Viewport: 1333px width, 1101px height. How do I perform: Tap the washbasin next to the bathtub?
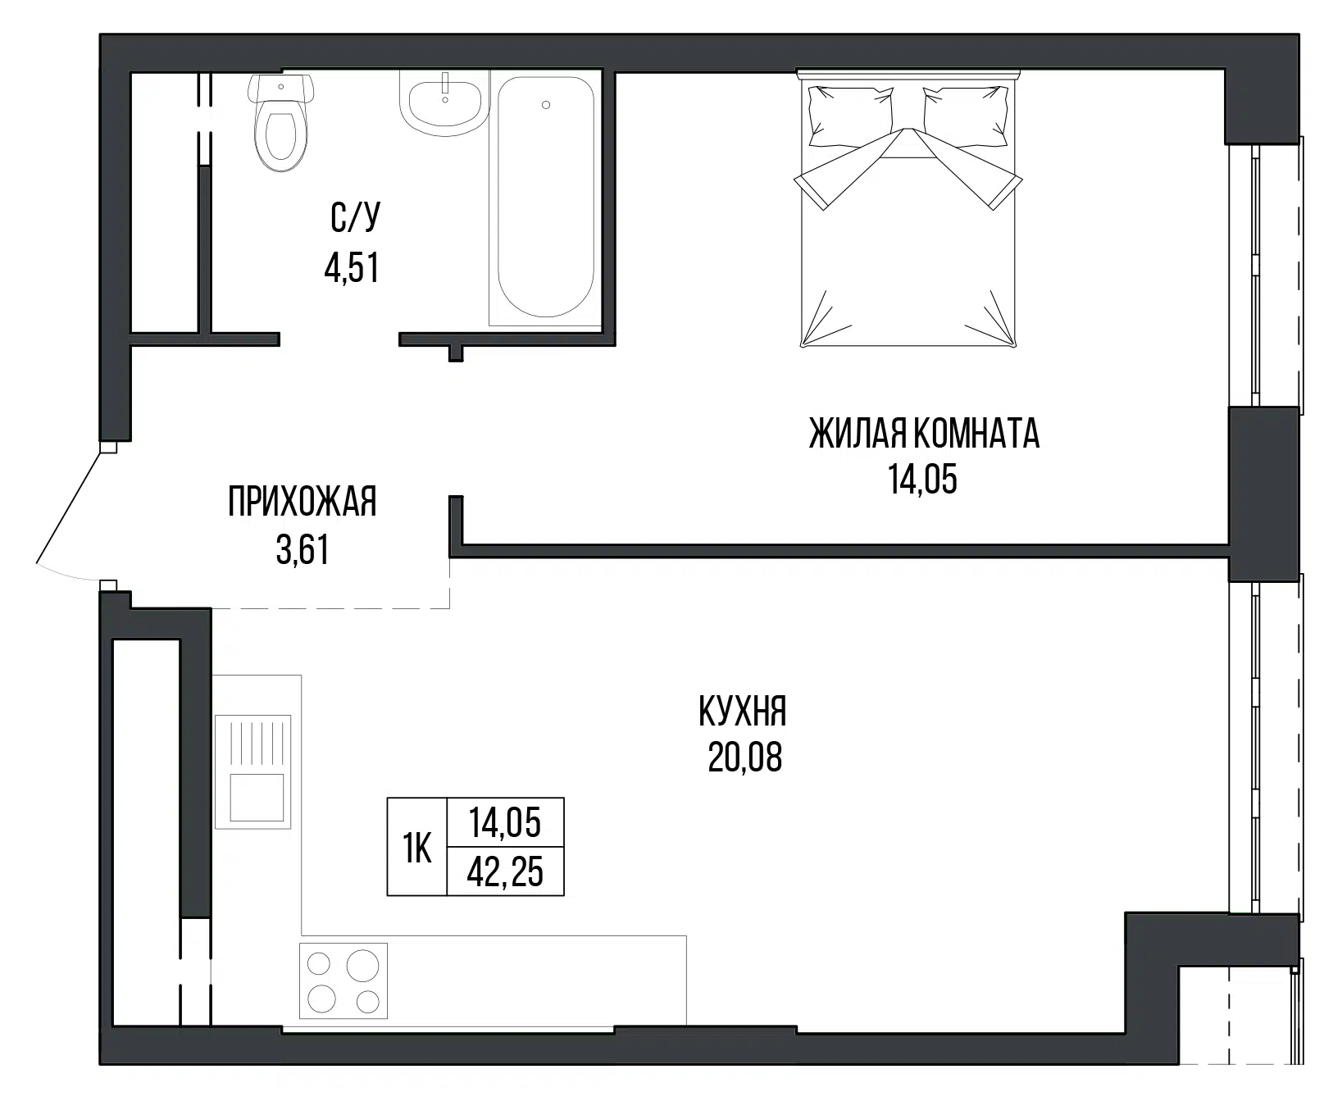tap(444, 102)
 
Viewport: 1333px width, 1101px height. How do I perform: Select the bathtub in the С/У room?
tap(545, 198)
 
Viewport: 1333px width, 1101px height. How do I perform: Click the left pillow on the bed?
tap(850, 115)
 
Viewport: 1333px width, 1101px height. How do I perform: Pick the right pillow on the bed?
tap(965, 115)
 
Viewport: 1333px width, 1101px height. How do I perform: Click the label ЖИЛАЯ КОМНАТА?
tap(924, 434)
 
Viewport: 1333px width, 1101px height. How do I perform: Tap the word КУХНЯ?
tap(743, 712)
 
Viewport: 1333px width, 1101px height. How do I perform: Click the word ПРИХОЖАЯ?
tap(303, 502)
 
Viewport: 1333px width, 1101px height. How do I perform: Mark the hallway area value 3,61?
tap(303, 550)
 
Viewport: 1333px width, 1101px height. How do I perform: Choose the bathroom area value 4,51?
tap(352, 268)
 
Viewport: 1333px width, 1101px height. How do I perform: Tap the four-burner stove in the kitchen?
tap(343, 980)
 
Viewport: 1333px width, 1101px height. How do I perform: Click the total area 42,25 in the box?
tap(505, 872)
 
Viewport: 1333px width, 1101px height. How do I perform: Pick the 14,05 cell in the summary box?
tap(505, 822)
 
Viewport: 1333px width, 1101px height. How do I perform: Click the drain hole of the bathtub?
tap(546, 105)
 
